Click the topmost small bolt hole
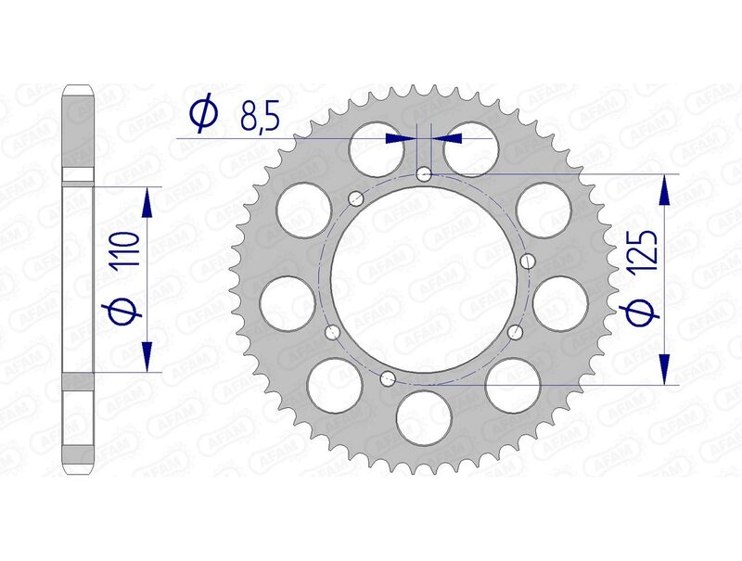click(x=424, y=172)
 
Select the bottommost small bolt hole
click(x=389, y=376)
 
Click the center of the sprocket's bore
click(x=424, y=277)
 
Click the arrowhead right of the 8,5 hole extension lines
click(x=450, y=138)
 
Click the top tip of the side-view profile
click(x=78, y=87)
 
